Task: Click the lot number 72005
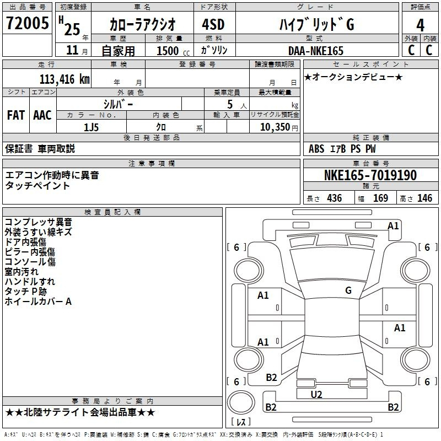(27, 23)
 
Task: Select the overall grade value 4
(420, 25)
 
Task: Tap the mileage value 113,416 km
(64, 79)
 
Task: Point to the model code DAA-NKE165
(316, 51)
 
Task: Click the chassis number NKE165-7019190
(370, 175)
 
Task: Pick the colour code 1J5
(92, 127)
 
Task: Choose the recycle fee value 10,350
(275, 127)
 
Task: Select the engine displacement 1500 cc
(173, 51)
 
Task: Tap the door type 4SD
(213, 24)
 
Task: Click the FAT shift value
(16, 115)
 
